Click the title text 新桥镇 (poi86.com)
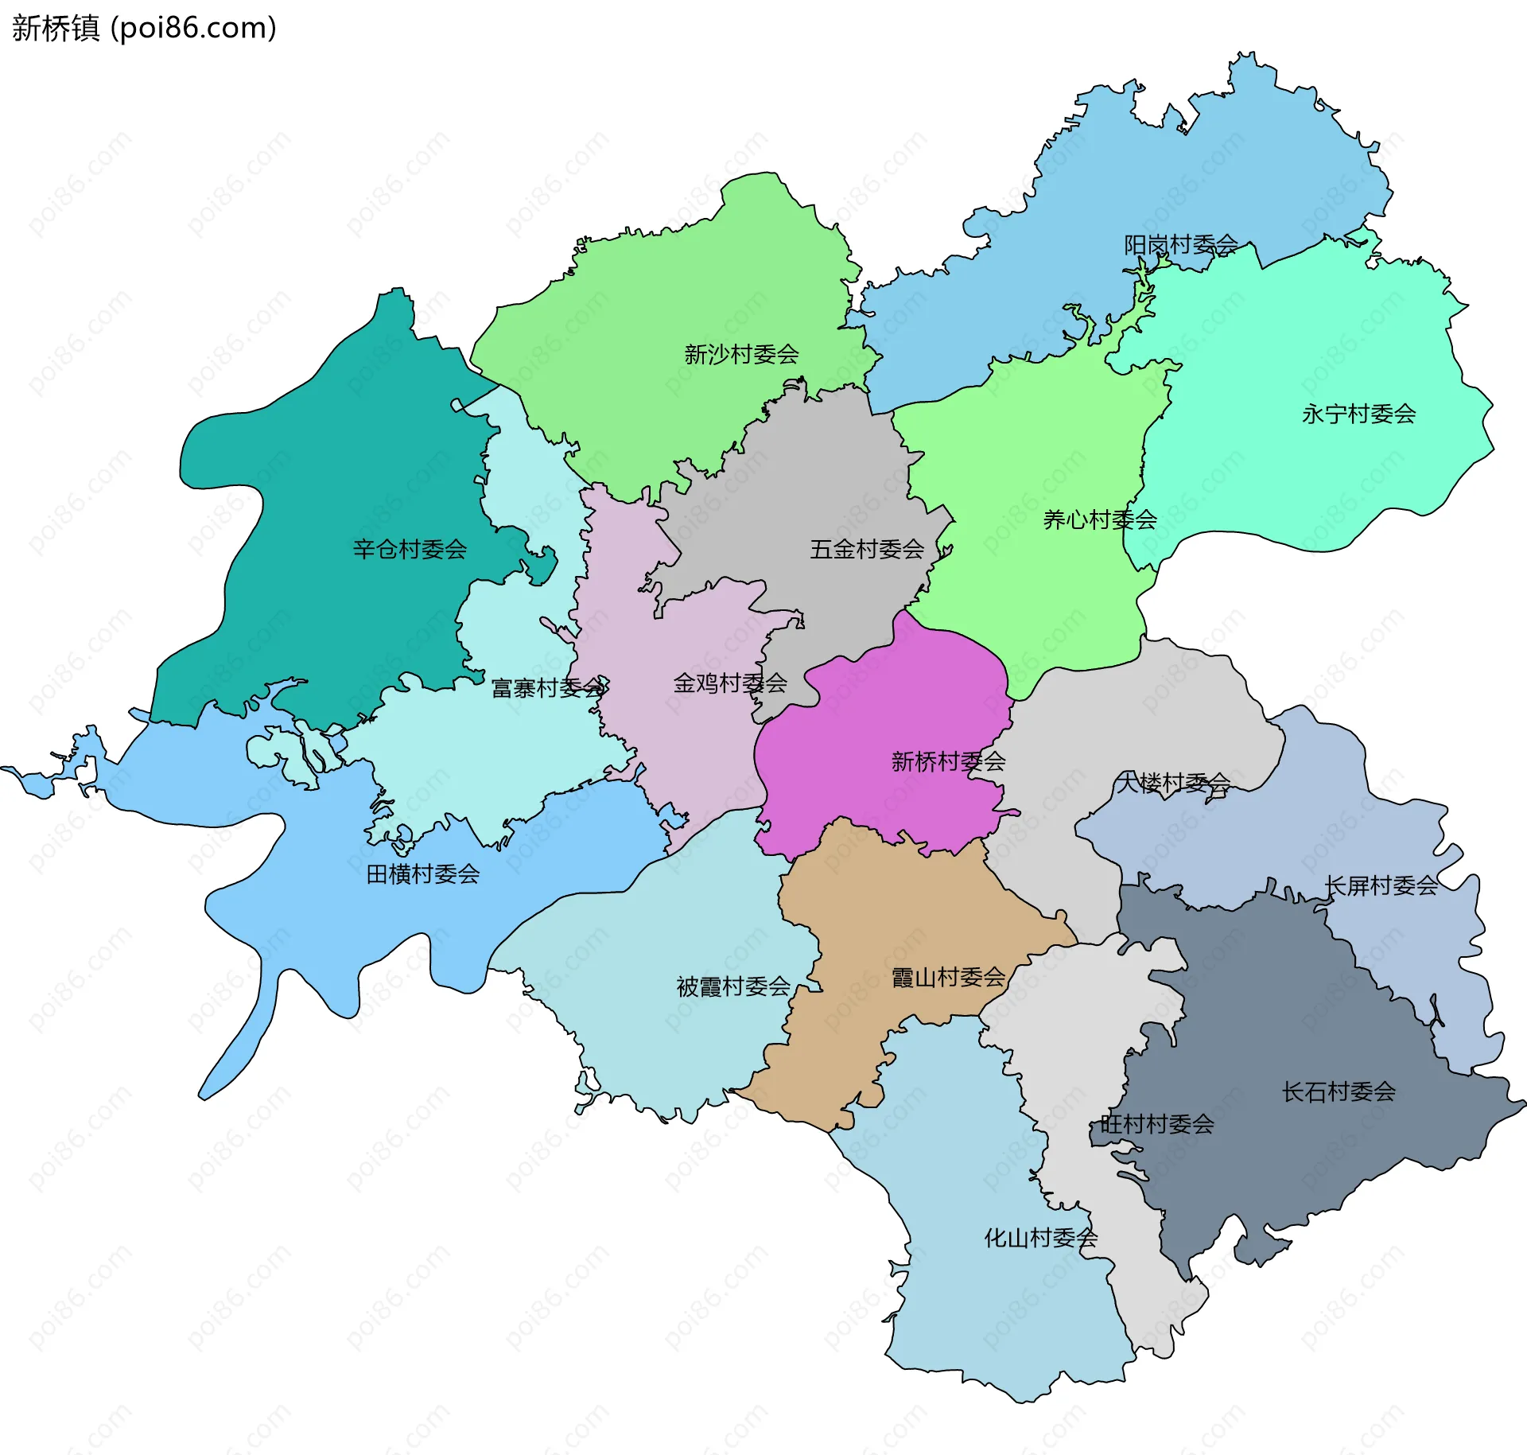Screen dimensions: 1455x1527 [x=144, y=28]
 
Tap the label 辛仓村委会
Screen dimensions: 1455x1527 [x=410, y=549]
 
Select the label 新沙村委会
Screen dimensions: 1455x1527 [x=741, y=354]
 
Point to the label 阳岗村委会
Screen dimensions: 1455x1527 [x=1180, y=244]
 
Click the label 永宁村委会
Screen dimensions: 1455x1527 [x=1358, y=414]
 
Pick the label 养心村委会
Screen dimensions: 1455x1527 [x=1100, y=519]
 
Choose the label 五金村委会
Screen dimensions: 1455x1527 [x=867, y=549]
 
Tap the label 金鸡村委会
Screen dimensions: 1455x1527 [x=730, y=683]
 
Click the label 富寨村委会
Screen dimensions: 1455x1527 [x=549, y=687]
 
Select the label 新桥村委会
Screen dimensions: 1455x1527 [x=948, y=761]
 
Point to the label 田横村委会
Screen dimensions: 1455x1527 [x=423, y=874]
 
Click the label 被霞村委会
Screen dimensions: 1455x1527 [x=733, y=986]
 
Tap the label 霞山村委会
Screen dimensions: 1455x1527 [x=948, y=977]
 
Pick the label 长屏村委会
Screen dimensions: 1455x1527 [x=1381, y=885]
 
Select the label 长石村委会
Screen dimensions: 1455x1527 [x=1339, y=1091]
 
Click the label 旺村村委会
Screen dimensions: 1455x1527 [x=1156, y=1124]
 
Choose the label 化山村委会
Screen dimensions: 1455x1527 [x=1040, y=1238]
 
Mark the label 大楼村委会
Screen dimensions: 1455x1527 [x=1174, y=783]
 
